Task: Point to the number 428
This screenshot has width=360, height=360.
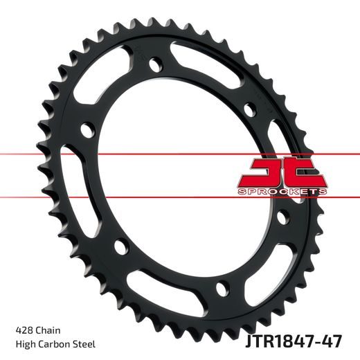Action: point(22,328)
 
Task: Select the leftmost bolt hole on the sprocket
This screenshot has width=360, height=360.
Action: point(87,129)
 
